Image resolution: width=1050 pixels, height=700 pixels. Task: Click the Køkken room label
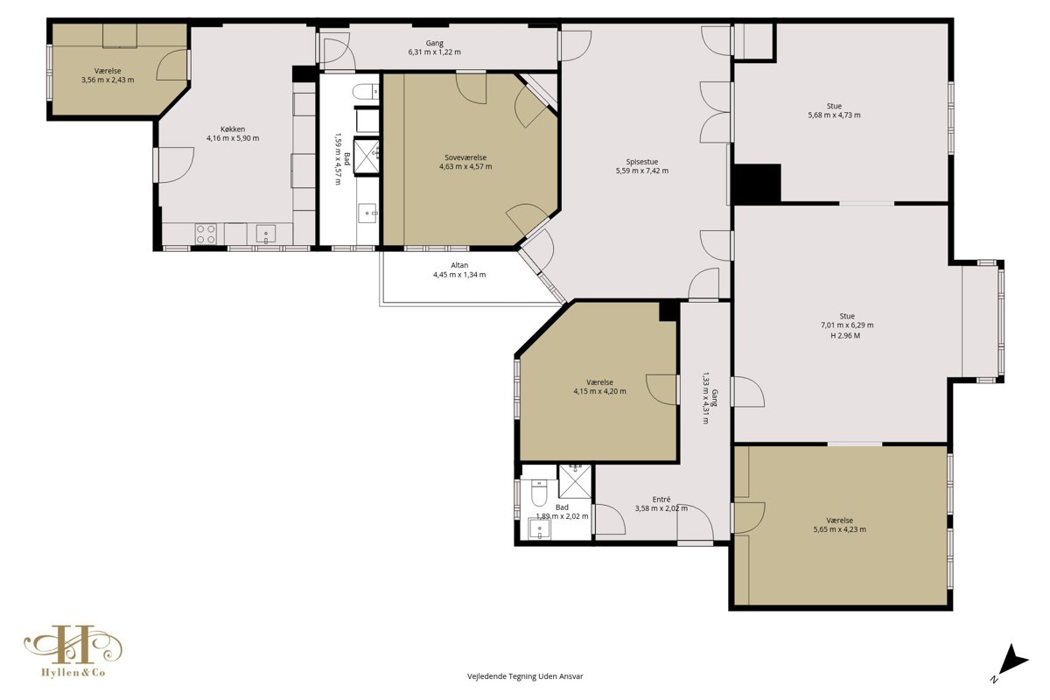233,129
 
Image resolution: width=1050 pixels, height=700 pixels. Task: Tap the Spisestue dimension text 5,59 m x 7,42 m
641,171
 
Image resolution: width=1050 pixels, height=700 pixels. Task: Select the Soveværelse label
465,157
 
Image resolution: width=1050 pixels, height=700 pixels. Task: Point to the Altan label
459,265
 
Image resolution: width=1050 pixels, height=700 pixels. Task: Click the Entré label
661,500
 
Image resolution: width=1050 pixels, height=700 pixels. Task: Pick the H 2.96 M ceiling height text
845,336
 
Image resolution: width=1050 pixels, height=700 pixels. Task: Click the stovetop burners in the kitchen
206,234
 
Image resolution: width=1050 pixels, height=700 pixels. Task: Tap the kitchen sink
265,234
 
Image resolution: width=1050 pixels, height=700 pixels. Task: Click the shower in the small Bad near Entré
575,481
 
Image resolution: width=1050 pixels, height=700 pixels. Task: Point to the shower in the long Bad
367,157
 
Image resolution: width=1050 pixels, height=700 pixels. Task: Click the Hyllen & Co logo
73,651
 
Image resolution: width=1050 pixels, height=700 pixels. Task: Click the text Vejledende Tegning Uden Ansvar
525,676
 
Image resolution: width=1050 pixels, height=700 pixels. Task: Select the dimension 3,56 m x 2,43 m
108,80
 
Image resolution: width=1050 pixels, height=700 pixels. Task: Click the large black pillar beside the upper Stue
757,184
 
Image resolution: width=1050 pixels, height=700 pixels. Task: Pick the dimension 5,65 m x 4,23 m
839,529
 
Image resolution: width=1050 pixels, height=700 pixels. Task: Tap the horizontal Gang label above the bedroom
435,43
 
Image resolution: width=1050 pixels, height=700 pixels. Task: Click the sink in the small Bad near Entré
539,528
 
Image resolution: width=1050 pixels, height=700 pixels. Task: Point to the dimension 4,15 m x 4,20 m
599,391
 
